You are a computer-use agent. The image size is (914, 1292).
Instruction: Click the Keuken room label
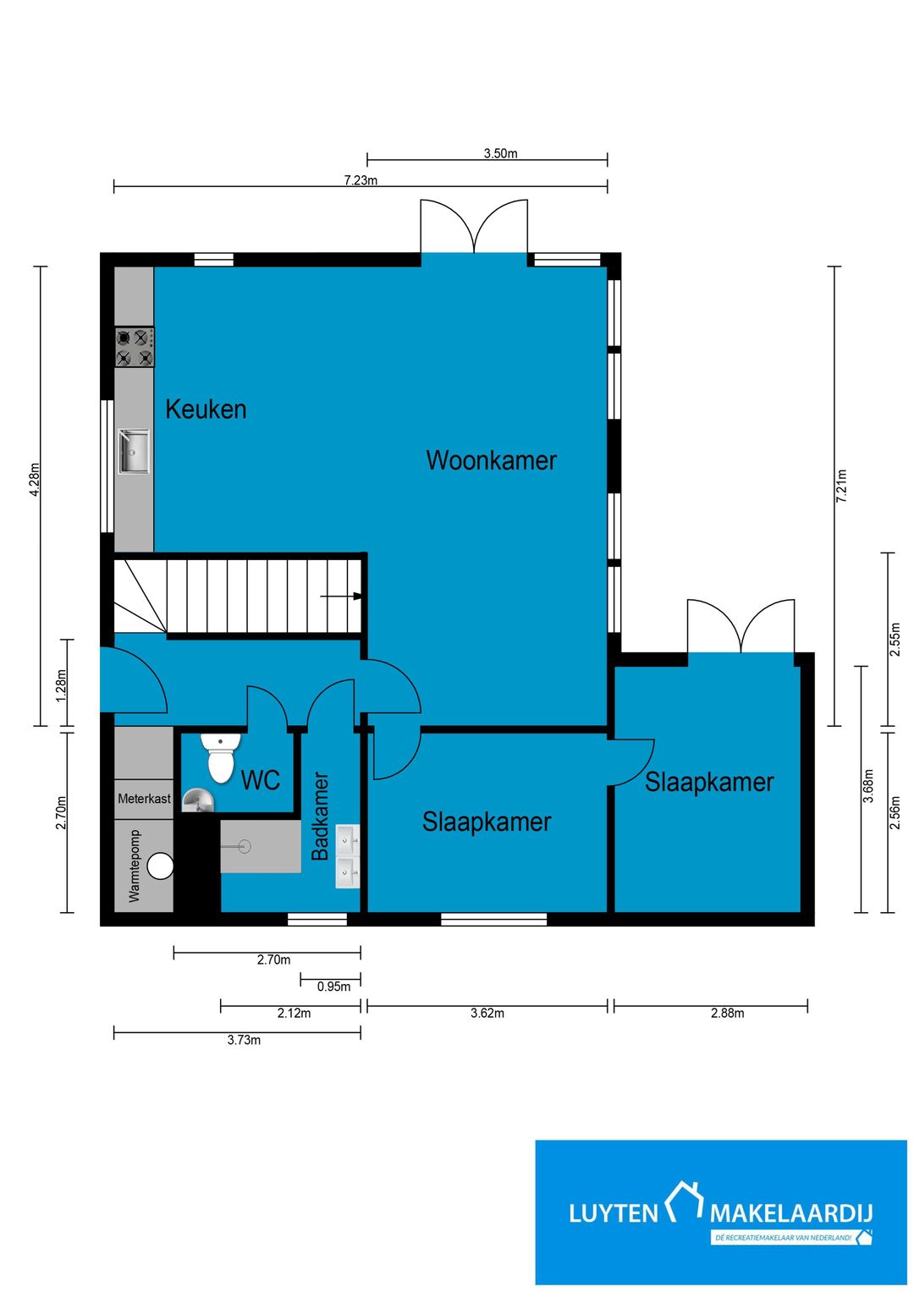click(206, 410)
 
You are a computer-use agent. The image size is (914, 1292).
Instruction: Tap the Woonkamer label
click(492, 460)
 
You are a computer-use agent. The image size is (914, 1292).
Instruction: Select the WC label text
click(261, 780)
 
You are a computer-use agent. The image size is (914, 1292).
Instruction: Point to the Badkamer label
click(320, 816)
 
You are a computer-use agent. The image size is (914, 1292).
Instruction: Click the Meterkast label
click(144, 799)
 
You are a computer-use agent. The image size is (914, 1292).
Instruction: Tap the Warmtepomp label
click(135, 866)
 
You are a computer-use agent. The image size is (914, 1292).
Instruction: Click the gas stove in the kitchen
click(135, 347)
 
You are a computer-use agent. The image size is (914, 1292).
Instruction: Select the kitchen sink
click(134, 452)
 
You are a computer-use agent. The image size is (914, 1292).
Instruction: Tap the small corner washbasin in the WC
click(196, 801)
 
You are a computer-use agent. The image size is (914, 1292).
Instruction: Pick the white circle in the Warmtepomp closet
click(161, 866)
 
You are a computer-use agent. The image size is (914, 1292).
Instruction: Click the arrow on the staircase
click(341, 596)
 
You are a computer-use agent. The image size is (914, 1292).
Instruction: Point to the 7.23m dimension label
click(361, 180)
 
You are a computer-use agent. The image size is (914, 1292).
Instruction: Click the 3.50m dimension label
click(500, 153)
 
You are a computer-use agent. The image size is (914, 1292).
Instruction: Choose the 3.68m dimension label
click(867, 785)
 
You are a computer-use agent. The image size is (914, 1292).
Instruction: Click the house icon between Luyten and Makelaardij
click(684, 1201)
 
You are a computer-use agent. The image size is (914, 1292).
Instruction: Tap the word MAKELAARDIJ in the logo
click(791, 1213)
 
